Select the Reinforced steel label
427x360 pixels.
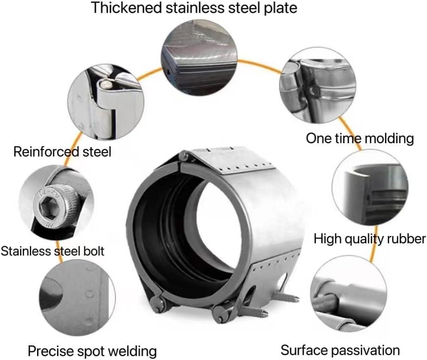click(x=62, y=152)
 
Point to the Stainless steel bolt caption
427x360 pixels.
click(x=52, y=251)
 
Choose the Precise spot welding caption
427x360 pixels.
click(x=92, y=350)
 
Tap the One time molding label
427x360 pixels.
click(x=359, y=138)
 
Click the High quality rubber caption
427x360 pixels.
click(x=370, y=238)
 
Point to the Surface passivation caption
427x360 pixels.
click(x=340, y=350)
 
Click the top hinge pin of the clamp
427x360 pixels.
click(x=183, y=157)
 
